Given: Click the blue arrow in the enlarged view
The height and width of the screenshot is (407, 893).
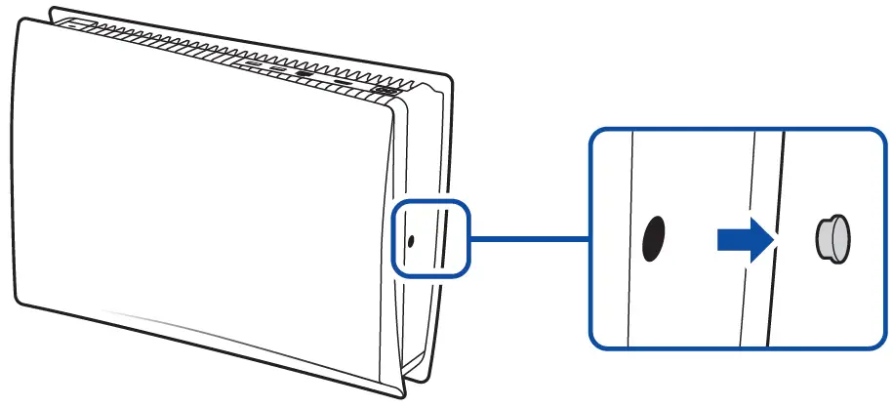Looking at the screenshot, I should [x=744, y=239].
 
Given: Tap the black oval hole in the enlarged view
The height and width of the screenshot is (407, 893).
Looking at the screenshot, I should [x=652, y=238].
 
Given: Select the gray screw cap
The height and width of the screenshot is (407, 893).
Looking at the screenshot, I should [x=832, y=238].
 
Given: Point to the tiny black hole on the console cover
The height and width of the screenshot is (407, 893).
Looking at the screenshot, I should [x=410, y=240].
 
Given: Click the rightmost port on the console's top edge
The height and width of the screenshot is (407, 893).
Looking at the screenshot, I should [x=384, y=92].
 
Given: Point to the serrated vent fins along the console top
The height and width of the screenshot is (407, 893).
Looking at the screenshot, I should [x=244, y=49].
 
